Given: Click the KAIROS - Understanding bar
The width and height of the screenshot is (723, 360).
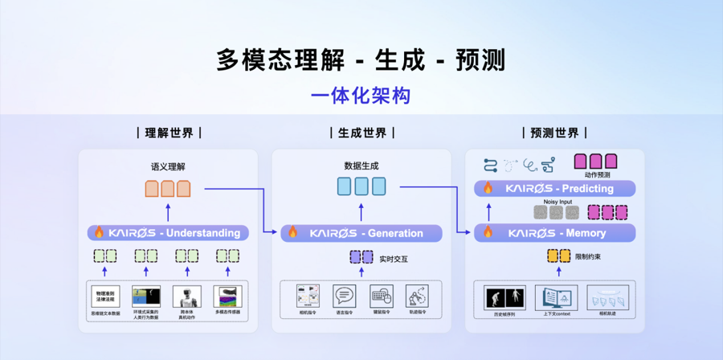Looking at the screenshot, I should click(168, 233).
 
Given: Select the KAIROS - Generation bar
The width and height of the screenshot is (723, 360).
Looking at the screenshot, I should click(361, 233).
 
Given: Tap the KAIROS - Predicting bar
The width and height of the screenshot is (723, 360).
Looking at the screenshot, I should click(554, 189).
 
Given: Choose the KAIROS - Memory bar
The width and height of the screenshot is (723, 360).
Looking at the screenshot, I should click(554, 233).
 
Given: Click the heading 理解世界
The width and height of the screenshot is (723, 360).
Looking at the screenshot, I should click(169, 133).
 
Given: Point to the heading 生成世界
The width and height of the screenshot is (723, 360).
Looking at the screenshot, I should click(361, 133).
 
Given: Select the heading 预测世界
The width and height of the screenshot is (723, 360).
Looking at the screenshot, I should click(554, 133).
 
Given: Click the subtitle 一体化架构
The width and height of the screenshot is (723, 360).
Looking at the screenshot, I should click(361, 96).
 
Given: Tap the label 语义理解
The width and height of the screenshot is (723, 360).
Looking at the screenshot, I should click(168, 166).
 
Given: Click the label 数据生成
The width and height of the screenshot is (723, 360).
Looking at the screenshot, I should click(361, 166).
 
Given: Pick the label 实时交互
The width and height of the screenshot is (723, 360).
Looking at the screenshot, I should click(393, 259).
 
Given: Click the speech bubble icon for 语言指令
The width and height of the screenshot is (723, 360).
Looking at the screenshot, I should click(345, 296).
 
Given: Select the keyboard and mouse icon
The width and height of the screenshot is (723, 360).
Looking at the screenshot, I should click(382, 296).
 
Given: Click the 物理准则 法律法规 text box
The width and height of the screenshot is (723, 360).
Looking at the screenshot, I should click(105, 296).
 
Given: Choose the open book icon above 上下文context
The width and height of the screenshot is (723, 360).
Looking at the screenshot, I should click(557, 297).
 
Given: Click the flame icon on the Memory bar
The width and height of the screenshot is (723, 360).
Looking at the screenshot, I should click(488, 233).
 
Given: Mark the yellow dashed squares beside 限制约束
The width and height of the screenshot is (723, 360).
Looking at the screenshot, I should click(558, 256).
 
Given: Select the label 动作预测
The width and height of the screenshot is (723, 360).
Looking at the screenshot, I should click(597, 174).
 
